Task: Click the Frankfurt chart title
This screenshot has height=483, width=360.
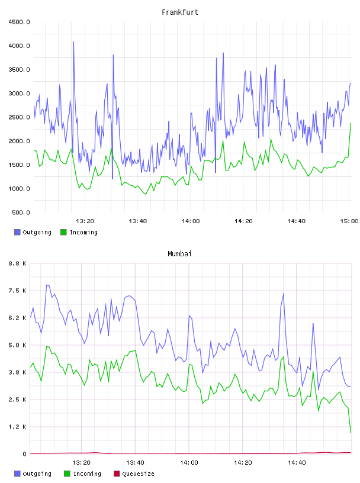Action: pyautogui.click(x=180, y=12)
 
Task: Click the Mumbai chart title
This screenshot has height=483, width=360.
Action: pyautogui.click(x=179, y=254)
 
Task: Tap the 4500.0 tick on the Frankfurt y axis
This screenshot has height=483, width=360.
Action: pyautogui.click(x=19, y=22)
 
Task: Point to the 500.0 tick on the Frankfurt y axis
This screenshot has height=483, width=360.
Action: pyautogui.click(x=21, y=212)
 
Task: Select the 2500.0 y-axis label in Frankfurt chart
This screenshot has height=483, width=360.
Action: pyautogui.click(x=19, y=117)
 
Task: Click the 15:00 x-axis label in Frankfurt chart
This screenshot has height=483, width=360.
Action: pyautogui.click(x=349, y=221)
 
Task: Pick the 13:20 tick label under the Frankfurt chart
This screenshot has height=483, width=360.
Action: pyautogui.click(x=85, y=221)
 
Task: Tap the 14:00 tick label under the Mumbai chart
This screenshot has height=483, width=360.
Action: pyautogui.click(x=189, y=463)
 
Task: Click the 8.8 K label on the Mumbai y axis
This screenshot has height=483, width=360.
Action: pyautogui.click(x=18, y=263)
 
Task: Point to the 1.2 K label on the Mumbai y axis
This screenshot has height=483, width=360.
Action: pyautogui.click(x=18, y=427)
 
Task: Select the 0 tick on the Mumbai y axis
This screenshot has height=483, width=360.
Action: pyautogui.click(x=25, y=454)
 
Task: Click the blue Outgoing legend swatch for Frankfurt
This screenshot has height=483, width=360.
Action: pyautogui.click(x=17, y=232)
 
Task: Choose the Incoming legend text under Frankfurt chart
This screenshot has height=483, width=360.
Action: pyautogui.click(x=83, y=233)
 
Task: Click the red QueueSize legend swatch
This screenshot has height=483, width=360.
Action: pyautogui.click(x=117, y=474)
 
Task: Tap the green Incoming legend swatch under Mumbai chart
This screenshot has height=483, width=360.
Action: pyautogui.click(x=67, y=474)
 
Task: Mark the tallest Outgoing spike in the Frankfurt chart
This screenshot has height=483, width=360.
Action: pyautogui.click(x=73, y=42)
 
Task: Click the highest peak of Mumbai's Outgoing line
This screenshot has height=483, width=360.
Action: pyautogui.click(x=47, y=285)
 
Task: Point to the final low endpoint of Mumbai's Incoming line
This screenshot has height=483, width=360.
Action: pyautogui.click(x=351, y=433)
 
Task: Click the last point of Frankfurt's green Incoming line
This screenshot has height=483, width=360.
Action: pyautogui.click(x=351, y=123)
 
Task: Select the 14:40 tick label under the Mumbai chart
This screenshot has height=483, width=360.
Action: pyautogui.click(x=297, y=463)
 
